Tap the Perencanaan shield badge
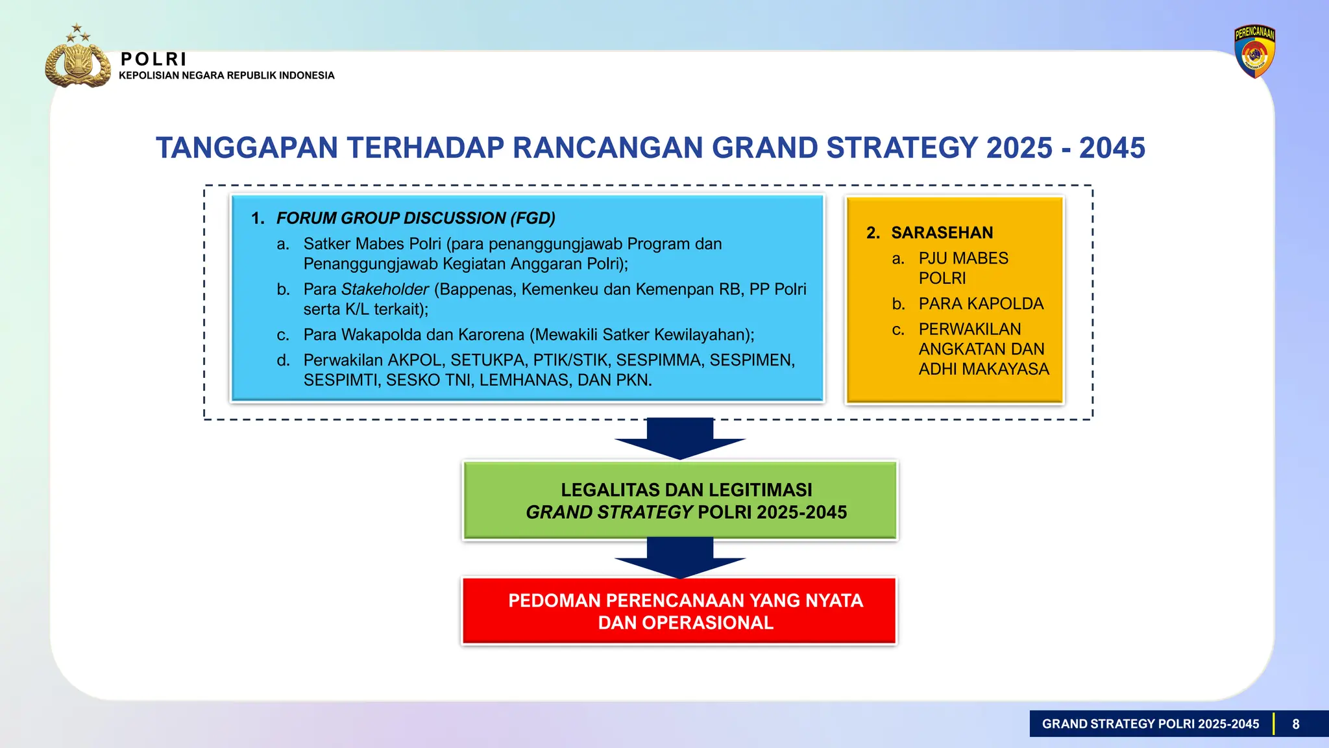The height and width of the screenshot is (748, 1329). [x=1254, y=53]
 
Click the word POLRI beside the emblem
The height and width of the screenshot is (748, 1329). [x=154, y=59]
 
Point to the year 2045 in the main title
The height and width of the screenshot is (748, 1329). [x=1112, y=148]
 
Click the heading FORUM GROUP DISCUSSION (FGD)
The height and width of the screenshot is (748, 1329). [x=415, y=218]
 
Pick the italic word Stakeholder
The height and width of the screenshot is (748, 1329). [x=385, y=290]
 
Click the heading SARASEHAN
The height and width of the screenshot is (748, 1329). [x=942, y=232]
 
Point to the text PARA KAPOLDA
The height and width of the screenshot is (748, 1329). [x=981, y=304]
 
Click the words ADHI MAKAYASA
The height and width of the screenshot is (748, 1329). [x=983, y=369]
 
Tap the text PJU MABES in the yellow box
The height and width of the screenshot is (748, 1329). [x=963, y=258]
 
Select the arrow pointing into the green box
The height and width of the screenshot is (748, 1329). [x=679, y=440]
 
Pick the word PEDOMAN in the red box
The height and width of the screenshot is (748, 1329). [x=554, y=601]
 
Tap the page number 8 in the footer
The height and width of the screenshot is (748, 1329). [x=1295, y=724]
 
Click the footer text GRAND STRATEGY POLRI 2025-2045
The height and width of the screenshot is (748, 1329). [x=1150, y=724]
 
